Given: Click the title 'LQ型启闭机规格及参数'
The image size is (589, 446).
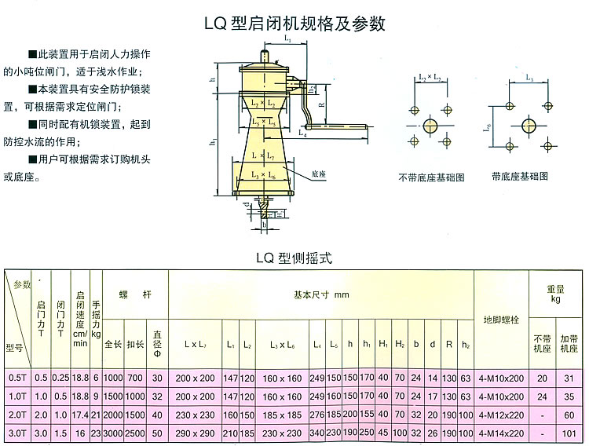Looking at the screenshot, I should (294, 24).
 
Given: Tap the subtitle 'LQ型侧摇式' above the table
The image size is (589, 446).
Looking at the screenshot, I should (294, 257).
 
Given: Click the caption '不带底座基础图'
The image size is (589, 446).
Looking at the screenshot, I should (431, 177).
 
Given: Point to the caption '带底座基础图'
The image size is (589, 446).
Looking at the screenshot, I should (519, 176).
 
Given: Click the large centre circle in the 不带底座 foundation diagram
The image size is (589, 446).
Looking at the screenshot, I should (430, 124).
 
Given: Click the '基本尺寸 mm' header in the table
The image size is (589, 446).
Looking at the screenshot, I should (321, 296).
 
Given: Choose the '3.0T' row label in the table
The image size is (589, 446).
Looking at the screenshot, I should (16, 433).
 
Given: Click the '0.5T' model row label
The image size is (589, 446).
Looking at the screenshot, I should (16, 377).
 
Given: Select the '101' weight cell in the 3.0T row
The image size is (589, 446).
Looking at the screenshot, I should (569, 433).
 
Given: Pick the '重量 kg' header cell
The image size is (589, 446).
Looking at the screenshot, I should (554, 294).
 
